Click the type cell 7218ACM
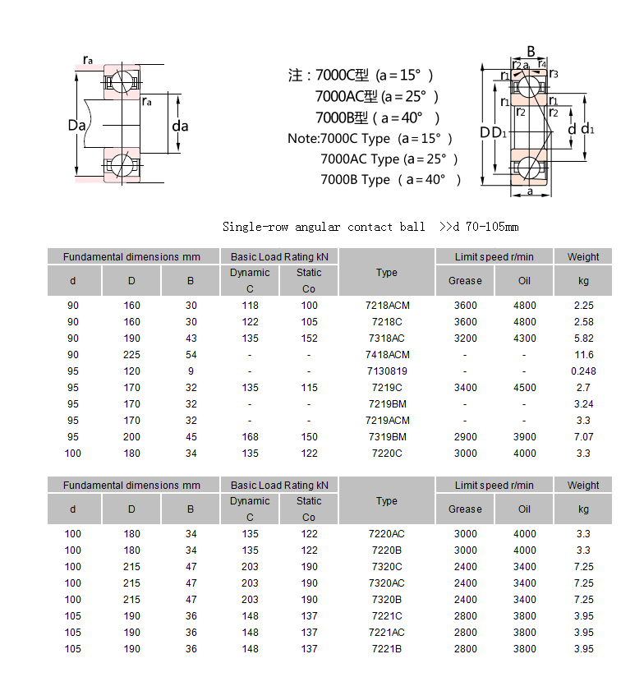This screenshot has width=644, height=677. tap(387, 306)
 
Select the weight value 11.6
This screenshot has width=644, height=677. tap(583, 355)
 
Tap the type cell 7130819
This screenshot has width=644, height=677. tap(387, 371)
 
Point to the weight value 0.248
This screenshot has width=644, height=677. tap(583, 371)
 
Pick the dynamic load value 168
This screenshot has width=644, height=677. tap(250, 437)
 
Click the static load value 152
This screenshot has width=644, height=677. tap(309, 338)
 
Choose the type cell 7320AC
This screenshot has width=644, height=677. tap(387, 583)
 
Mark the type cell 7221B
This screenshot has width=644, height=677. tap(387, 649)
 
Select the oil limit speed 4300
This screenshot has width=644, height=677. tap(524, 338)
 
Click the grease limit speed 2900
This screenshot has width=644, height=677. tap(465, 437)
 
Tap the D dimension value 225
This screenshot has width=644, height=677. tap(131, 355)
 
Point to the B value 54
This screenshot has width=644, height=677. tap(191, 355)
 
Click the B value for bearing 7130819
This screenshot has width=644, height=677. tap(191, 371)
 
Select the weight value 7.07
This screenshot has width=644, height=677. tap(583, 437)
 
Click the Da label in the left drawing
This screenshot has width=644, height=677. tap(77, 126)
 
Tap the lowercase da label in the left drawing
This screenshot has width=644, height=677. tap(180, 126)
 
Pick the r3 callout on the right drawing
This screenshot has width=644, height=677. tap(554, 75)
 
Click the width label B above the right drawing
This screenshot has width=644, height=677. tap(531, 52)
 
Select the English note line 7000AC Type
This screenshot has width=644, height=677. tap(389, 159)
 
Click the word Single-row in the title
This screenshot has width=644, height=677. tap(251, 227)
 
